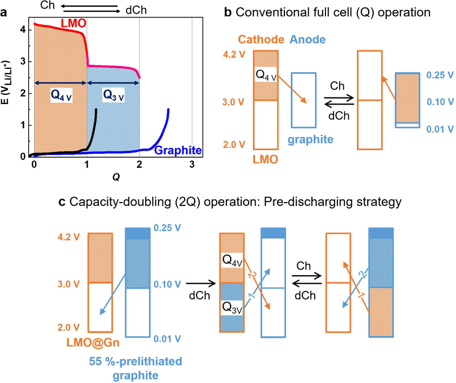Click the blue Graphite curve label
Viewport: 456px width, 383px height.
point(179,150)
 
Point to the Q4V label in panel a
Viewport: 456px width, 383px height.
point(62,94)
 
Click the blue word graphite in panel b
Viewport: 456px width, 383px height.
point(310,139)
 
